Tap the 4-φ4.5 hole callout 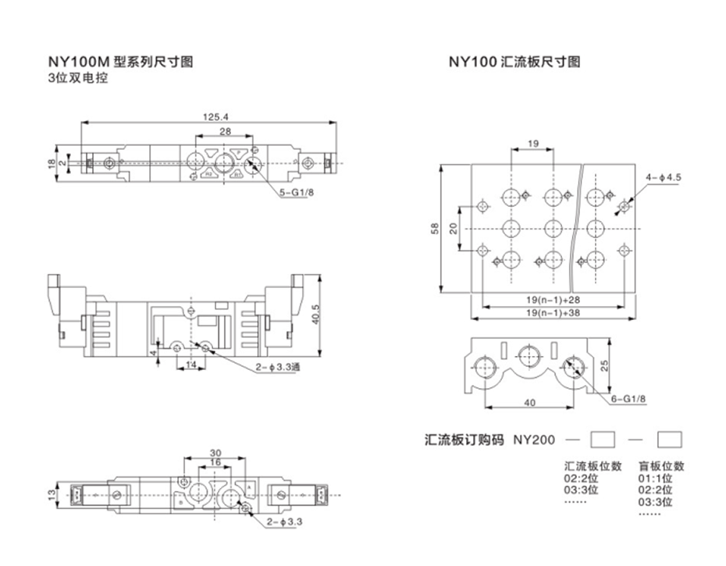(x=664, y=177)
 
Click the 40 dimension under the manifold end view (x=530, y=402)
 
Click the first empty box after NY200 (x=603, y=439)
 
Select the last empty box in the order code (x=670, y=439)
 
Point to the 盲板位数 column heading (x=661, y=466)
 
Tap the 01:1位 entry (x=655, y=479)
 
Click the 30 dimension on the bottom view (x=216, y=453)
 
